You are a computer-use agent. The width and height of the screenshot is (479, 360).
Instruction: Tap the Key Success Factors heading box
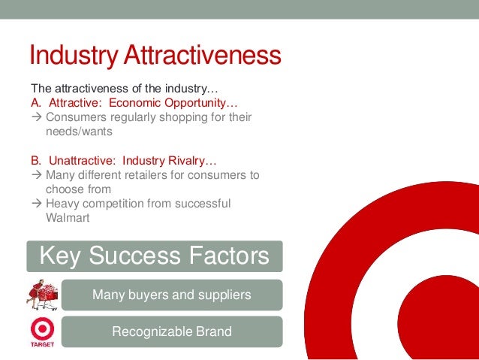coord(154,256)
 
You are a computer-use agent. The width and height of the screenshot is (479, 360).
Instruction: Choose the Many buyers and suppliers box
coord(171,295)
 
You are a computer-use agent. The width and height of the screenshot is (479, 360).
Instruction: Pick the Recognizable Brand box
coord(171,331)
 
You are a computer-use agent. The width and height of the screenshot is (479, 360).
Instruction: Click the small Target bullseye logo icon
coord(41,330)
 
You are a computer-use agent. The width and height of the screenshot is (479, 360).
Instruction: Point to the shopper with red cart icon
coord(42,294)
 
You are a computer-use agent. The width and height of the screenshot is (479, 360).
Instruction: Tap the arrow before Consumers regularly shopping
coord(36,117)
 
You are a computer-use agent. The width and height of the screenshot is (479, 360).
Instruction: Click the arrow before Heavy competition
coord(36,204)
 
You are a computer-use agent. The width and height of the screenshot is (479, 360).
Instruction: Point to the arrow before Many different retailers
coord(36,175)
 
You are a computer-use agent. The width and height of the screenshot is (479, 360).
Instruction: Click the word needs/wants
coord(79,132)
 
